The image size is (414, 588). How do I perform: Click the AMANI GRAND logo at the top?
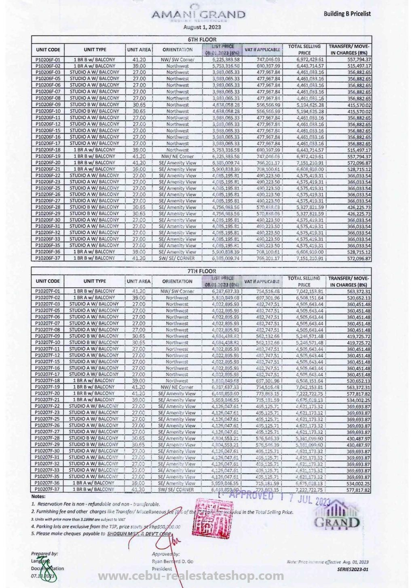pos(198,14)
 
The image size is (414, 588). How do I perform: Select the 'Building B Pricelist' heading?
pos(347,14)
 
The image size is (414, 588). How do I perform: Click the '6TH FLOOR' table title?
pos(202,40)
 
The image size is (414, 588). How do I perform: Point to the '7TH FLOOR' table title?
pos(202,271)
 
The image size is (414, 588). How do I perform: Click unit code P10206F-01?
pos(48,59)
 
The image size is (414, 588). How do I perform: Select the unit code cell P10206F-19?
pos(48,156)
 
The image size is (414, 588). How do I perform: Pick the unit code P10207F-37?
pos(47,490)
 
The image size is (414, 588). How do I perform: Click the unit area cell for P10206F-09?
pos(139,104)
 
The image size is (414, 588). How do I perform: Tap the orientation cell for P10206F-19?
pos(177,156)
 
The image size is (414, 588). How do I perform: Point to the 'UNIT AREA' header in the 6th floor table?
pos(139,50)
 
